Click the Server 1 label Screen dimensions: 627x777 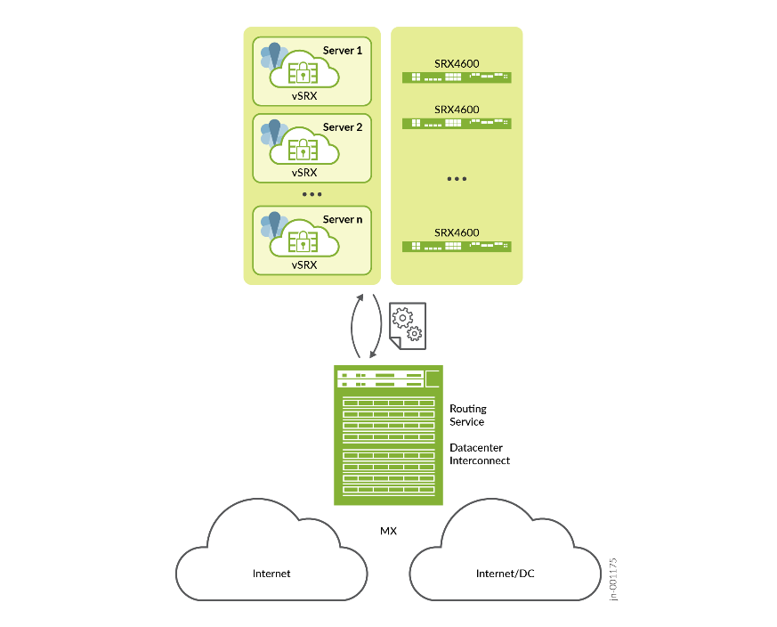[x=343, y=51]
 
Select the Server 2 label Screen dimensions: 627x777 [x=343, y=127]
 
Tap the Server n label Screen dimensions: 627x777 [x=343, y=219]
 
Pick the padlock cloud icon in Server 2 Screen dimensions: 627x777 [x=304, y=148]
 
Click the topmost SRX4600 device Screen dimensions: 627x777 [x=457, y=77]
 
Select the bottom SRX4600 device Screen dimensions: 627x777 [x=457, y=246]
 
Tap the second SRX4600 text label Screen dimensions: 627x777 [x=457, y=110]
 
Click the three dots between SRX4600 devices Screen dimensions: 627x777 [x=457, y=179]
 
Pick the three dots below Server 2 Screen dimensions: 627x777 [x=312, y=193]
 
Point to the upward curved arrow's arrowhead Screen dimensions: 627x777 [x=360, y=298]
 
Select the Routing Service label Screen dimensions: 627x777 [x=468, y=415]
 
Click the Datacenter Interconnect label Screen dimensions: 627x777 [x=480, y=454]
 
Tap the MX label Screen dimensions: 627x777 [x=388, y=531]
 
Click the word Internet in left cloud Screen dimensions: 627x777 [x=271, y=574]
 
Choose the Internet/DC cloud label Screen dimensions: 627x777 [x=506, y=574]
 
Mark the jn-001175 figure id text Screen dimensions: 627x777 [x=612, y=579]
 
